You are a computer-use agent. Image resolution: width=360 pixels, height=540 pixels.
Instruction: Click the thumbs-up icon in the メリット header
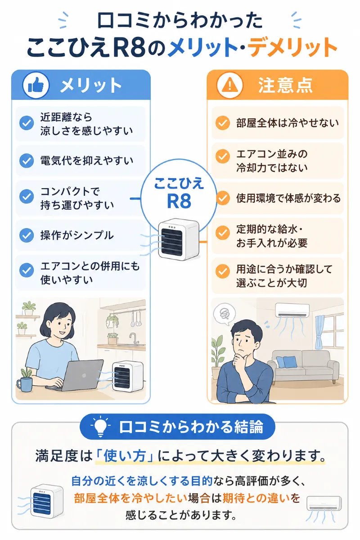36,85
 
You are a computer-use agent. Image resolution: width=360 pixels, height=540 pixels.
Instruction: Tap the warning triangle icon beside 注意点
229,85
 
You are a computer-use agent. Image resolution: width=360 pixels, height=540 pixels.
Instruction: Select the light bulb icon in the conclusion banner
100,426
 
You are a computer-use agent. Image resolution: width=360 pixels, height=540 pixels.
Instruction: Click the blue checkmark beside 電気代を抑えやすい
27,161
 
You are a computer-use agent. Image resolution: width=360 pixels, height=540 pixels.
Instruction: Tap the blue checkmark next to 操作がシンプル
27,235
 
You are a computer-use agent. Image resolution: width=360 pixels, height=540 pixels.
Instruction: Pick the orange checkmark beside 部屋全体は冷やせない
223,123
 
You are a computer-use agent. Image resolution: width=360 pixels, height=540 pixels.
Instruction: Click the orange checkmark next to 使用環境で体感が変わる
223,198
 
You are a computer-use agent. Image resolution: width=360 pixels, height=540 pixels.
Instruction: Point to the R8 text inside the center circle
179,201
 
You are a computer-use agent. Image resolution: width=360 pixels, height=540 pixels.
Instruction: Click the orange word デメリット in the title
292,47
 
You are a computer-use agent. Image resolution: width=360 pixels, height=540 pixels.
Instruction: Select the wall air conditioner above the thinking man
292,310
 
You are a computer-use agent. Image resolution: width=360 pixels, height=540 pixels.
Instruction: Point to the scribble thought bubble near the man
224,314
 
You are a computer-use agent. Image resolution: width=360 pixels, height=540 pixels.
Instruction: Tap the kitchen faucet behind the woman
134,338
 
